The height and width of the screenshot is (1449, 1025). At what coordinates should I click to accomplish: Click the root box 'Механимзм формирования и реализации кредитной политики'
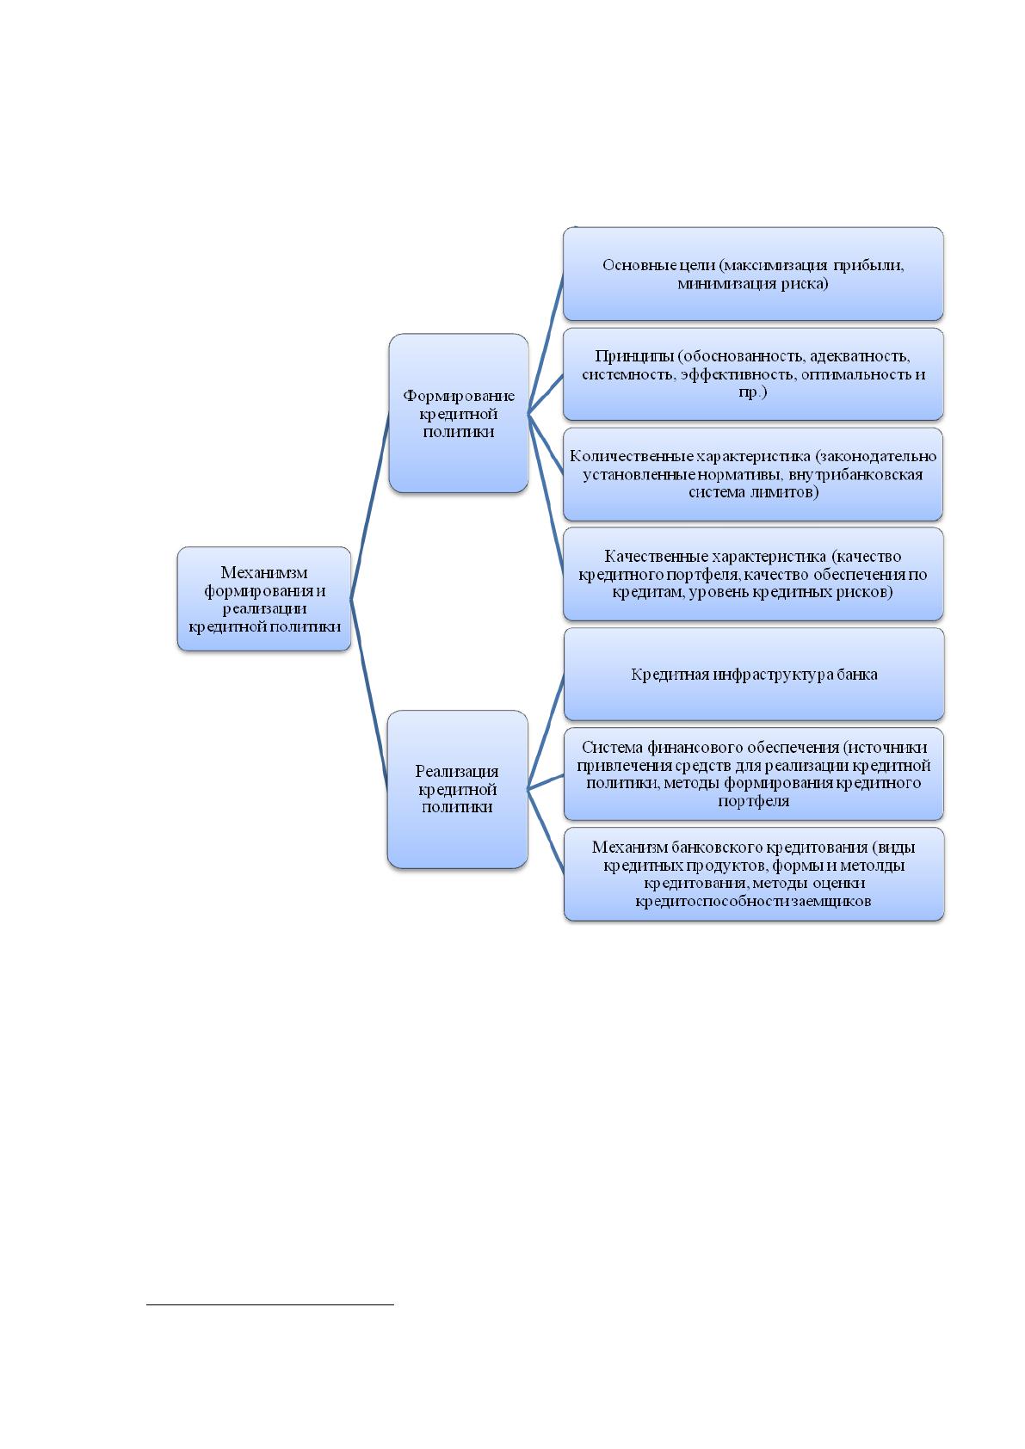click(264, 598)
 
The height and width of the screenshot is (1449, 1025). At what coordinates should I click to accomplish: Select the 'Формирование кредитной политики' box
click(459, 413)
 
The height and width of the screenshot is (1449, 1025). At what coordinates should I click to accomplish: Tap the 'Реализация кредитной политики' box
click(458, 788)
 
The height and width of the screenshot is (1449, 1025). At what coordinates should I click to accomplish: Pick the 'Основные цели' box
click(753, 274)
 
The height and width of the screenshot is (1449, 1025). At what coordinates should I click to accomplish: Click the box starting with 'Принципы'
click(753, 374)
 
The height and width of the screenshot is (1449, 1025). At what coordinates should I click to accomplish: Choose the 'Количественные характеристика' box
click(753, 474)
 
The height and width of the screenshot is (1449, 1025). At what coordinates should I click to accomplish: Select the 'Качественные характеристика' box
click(753, 574)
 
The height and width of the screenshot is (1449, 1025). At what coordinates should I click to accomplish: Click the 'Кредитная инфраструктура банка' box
click(754, 674)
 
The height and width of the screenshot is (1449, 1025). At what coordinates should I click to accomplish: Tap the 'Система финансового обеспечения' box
click(754, 774)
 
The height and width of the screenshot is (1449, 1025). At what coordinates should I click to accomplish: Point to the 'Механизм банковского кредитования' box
click(754, 874)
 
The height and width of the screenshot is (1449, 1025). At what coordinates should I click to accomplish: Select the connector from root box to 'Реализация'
click(369, 694)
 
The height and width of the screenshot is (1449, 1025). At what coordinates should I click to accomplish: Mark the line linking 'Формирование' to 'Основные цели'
click(546, 342)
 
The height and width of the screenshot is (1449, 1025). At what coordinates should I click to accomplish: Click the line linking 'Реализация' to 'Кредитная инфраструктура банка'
click(546, 731)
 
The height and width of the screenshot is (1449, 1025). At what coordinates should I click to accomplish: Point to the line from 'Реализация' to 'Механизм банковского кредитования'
click(546, 831)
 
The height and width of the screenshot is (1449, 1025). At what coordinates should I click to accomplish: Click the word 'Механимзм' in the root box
click(264, 572)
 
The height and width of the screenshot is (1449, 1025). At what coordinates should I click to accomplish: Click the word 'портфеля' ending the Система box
click(754, 801)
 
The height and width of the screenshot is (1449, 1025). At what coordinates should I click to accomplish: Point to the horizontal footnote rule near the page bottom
click(270, 1304)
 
